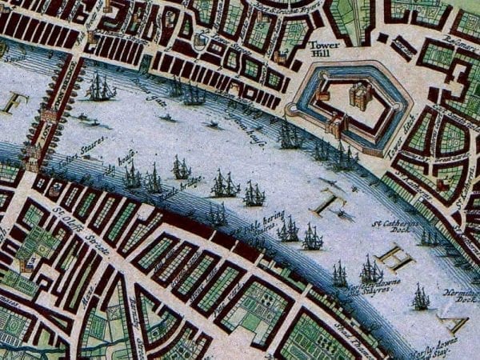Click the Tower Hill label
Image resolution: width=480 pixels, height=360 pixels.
323,51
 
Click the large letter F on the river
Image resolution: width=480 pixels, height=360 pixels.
13,102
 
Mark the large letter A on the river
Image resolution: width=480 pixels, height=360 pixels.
457,323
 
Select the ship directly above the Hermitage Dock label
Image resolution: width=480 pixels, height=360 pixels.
421,298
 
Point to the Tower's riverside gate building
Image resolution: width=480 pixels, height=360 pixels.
335,126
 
